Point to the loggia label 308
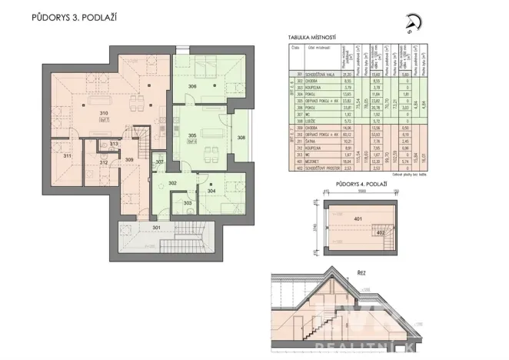click(241, 138)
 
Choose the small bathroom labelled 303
click(188, 203)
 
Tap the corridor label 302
click(173, 183)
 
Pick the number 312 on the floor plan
click(102, 162)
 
